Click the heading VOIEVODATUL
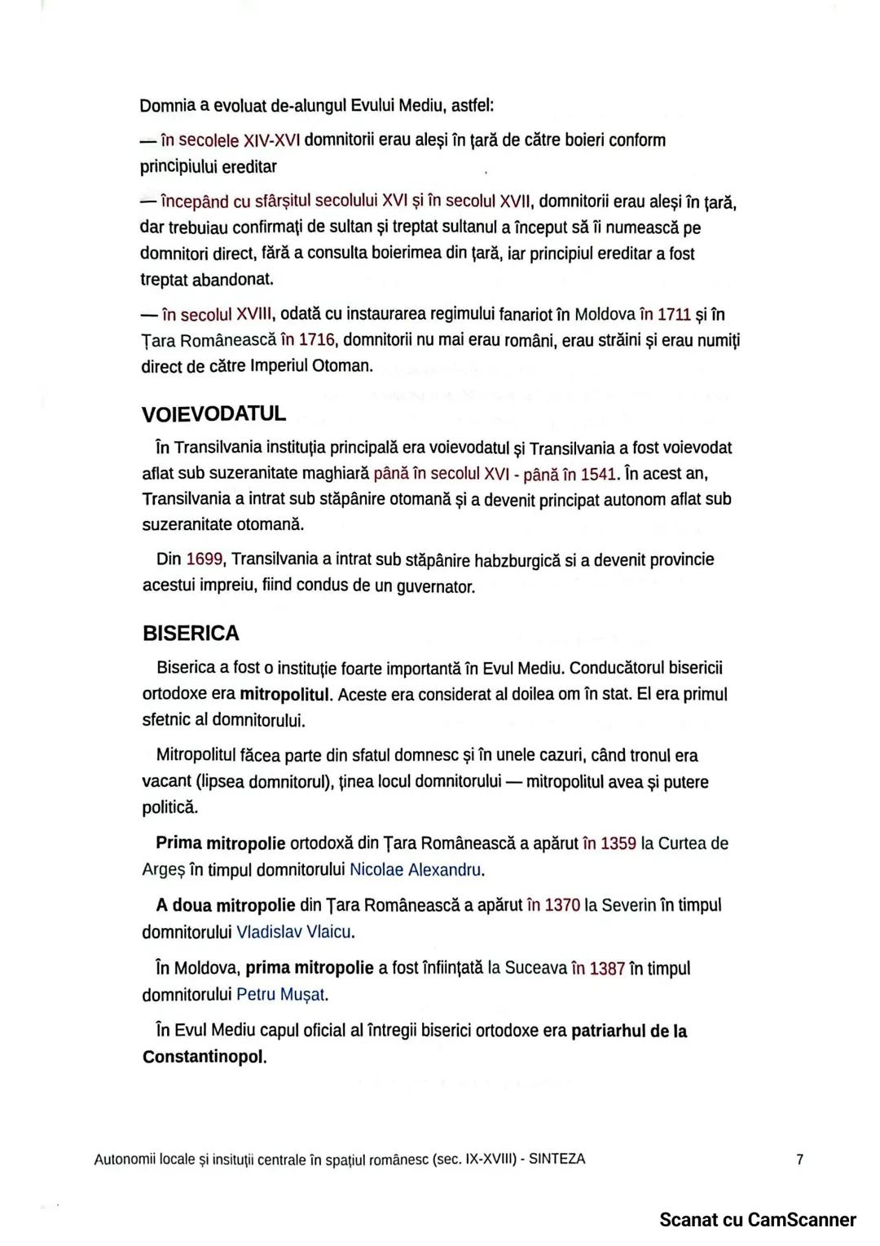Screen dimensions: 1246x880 [213, 414]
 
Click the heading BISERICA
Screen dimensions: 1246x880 [191, 634]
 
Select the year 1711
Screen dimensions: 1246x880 [674, 315]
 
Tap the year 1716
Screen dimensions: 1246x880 [317, 340]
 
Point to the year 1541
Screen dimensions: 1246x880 [599, 474]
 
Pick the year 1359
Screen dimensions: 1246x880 [618, 843]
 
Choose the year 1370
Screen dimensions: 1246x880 [562, 905]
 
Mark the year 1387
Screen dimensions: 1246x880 [607, 969]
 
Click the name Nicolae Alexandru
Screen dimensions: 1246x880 [415, 870]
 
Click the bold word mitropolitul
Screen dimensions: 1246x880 [285, 695]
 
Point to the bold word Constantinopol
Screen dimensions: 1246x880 [204, 1057]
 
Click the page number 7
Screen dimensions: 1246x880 [799, 1159]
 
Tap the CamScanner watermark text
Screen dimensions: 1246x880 [757, 1220]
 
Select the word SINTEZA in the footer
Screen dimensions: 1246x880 [557, 1159]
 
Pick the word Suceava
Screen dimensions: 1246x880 [535, 969]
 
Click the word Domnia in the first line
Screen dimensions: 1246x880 [167, 106]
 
